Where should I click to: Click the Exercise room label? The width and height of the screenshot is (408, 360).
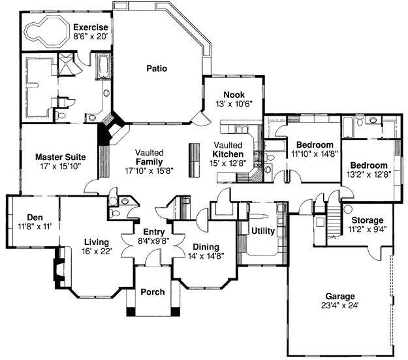(91, 27)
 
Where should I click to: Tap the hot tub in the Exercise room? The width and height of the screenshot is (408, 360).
(47, 31)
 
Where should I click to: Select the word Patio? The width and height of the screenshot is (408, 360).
(157, 69)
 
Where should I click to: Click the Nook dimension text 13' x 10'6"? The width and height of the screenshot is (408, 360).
(234, 104)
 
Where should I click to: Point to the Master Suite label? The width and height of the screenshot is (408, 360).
(60, 157)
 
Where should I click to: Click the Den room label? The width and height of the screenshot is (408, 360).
(35, 218)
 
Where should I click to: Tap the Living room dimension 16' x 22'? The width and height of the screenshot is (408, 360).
(97, 252)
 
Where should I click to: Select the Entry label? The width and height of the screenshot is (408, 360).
(154, 232)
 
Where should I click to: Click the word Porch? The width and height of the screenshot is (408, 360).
(153, 292)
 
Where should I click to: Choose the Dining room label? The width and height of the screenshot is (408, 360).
(206, 247)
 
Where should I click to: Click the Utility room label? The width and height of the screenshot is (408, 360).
(263, 231)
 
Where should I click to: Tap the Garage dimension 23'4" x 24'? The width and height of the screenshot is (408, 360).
(340, 305)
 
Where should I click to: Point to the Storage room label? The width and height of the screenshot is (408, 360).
(368, 220)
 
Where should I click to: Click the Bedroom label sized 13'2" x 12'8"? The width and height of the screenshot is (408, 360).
(369, 165)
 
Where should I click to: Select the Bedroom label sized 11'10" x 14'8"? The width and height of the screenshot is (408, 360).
(315, 144)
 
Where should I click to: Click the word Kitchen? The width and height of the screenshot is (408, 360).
(228, 154)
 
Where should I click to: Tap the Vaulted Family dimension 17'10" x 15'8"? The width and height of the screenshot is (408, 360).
(149, 171)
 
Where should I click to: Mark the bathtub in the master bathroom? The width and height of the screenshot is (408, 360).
(103, 66)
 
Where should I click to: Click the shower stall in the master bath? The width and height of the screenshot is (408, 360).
(65, 64)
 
